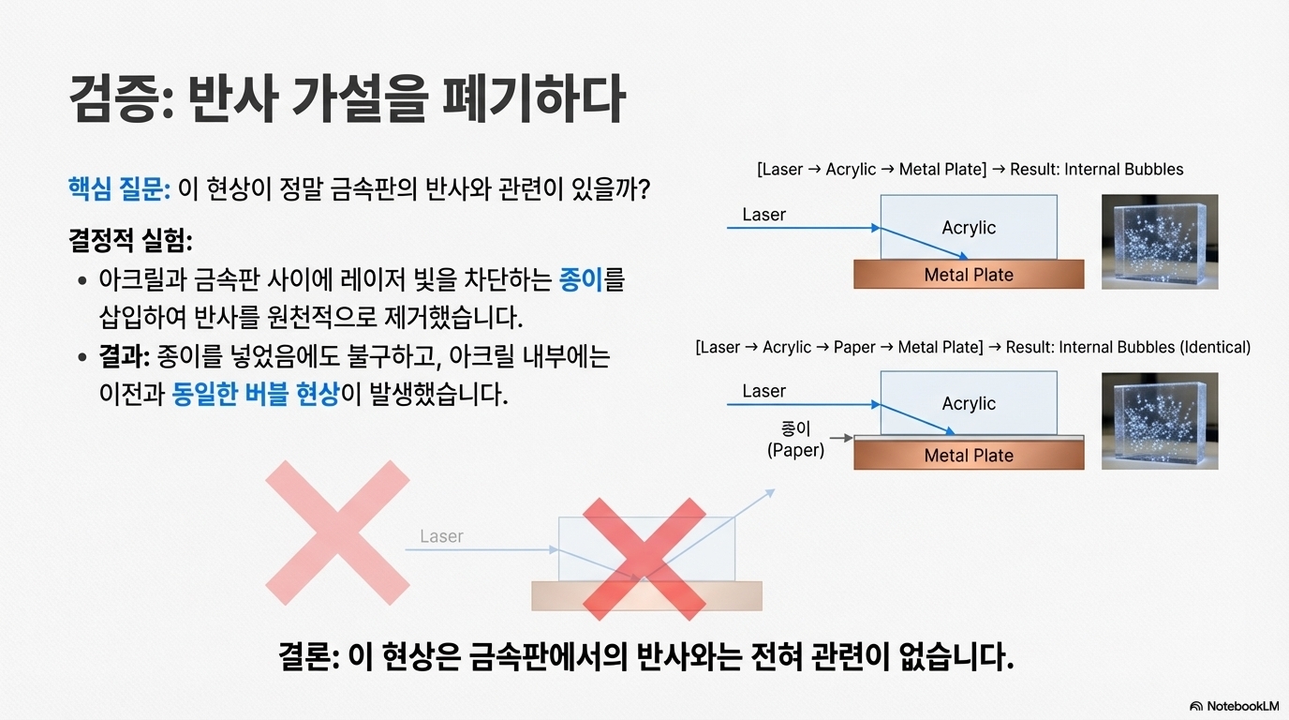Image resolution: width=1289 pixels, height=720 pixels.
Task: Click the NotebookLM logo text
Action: click(1242, 706)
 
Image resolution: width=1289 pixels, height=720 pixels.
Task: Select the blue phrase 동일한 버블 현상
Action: click(255, 394)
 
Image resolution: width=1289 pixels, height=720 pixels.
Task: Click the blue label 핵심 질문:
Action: click(118, 188)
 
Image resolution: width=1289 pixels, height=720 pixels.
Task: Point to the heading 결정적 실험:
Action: click(130, 241)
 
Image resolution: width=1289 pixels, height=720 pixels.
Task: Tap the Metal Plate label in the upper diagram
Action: click(969, 275)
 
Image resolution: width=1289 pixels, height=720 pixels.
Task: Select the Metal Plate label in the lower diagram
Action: click(969, 456)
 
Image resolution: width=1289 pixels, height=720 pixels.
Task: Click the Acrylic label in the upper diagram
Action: click(969, 228)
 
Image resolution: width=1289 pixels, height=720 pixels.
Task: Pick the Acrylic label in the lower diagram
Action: click(969, 404)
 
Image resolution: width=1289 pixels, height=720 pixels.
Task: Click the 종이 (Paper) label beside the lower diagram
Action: click(795, 439)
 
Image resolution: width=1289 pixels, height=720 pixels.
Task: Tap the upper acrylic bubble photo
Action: click(1160, 241)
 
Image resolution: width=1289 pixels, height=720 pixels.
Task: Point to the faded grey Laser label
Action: click(441, 536)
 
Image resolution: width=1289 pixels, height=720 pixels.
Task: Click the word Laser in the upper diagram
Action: click(763, 215)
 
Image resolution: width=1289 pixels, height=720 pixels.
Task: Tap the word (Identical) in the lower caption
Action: click(1215, 347)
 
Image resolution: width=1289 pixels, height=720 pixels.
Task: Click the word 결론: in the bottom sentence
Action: click(308, 655)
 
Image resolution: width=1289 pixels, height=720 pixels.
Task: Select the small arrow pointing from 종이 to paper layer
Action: click(840, 438)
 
